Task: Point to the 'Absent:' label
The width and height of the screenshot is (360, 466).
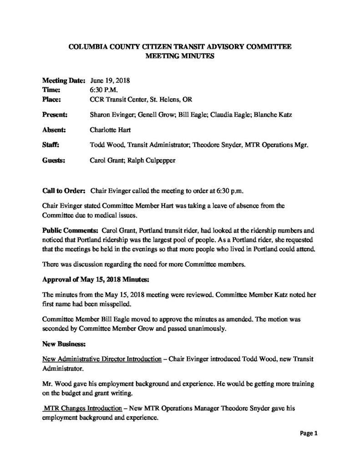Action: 54,130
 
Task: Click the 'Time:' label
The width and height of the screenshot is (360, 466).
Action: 51,89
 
